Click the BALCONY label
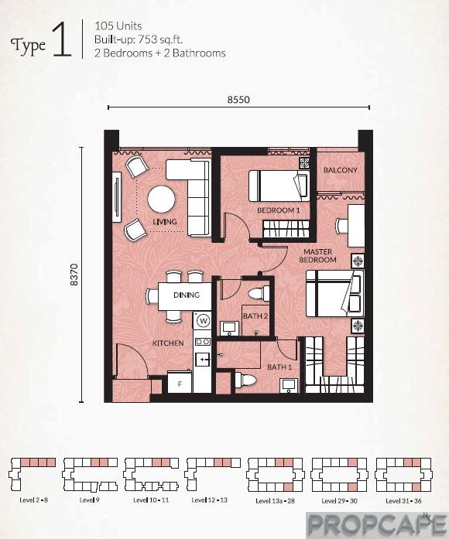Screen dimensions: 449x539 point(341,170)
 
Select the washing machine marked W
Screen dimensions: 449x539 point(204,321)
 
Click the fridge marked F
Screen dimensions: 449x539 point(180,383)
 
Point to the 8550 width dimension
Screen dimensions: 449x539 point(238,100)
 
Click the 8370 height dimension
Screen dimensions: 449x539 point(74,275)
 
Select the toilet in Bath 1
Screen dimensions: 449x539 point(245,380)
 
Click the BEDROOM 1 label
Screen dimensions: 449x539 point(279,210)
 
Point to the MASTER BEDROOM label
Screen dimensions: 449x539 point(317,256)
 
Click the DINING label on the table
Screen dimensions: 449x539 point(187,295)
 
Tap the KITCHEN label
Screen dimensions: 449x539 point(168,343)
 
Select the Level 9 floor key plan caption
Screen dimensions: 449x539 point(90,500)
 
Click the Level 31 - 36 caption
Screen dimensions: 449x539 point(403,500)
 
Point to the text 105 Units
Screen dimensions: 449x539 point(118,26)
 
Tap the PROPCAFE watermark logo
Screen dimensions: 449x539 point(377,525)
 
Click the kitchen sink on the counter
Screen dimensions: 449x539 point(202,360)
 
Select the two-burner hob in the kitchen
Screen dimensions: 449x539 point(202,342)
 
